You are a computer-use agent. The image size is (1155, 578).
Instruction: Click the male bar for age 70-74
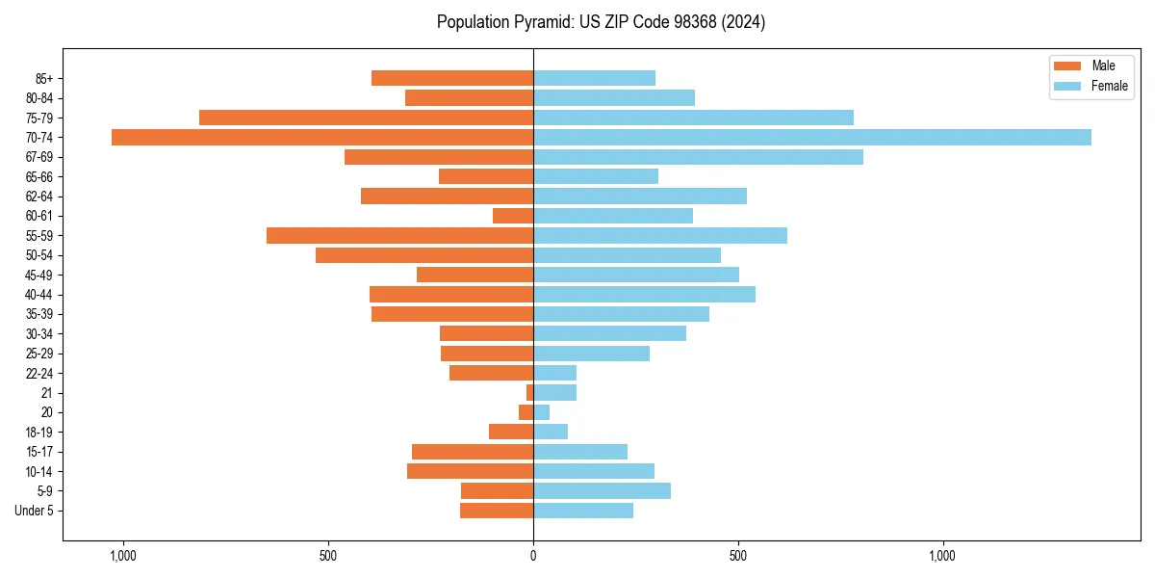[x=322, y=137]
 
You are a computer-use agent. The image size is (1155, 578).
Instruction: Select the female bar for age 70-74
[x=811, y=137]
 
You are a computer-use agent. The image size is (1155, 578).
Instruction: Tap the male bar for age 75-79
[x=366, y=118]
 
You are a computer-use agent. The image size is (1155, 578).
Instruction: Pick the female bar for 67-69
[x=698, y=157]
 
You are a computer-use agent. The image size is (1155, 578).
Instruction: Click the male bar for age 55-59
[x=399, y=235]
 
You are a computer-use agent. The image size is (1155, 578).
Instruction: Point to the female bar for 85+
[x=594, y=78]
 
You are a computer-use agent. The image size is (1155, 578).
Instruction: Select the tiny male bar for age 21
[x=529, y=392]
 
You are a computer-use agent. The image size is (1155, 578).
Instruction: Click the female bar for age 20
[x=541, y=412]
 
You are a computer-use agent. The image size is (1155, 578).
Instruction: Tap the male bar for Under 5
[x=497, y=511]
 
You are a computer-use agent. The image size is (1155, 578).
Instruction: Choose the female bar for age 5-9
[x=602, y=490]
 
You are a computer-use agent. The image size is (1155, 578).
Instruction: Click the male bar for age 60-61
[x=513, y=216]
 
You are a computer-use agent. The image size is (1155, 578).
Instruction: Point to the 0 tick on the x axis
[x=533, y=556]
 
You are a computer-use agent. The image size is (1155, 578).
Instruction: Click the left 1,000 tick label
[x=123, y=556]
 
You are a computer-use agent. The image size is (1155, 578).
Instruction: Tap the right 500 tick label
[x=738, y=556]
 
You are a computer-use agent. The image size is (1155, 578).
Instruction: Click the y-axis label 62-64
[x=39, y=197]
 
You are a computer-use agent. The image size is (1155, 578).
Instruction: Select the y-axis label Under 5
[x=34, y=511]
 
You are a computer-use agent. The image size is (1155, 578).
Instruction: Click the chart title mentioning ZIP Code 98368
[x=601, y=22]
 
